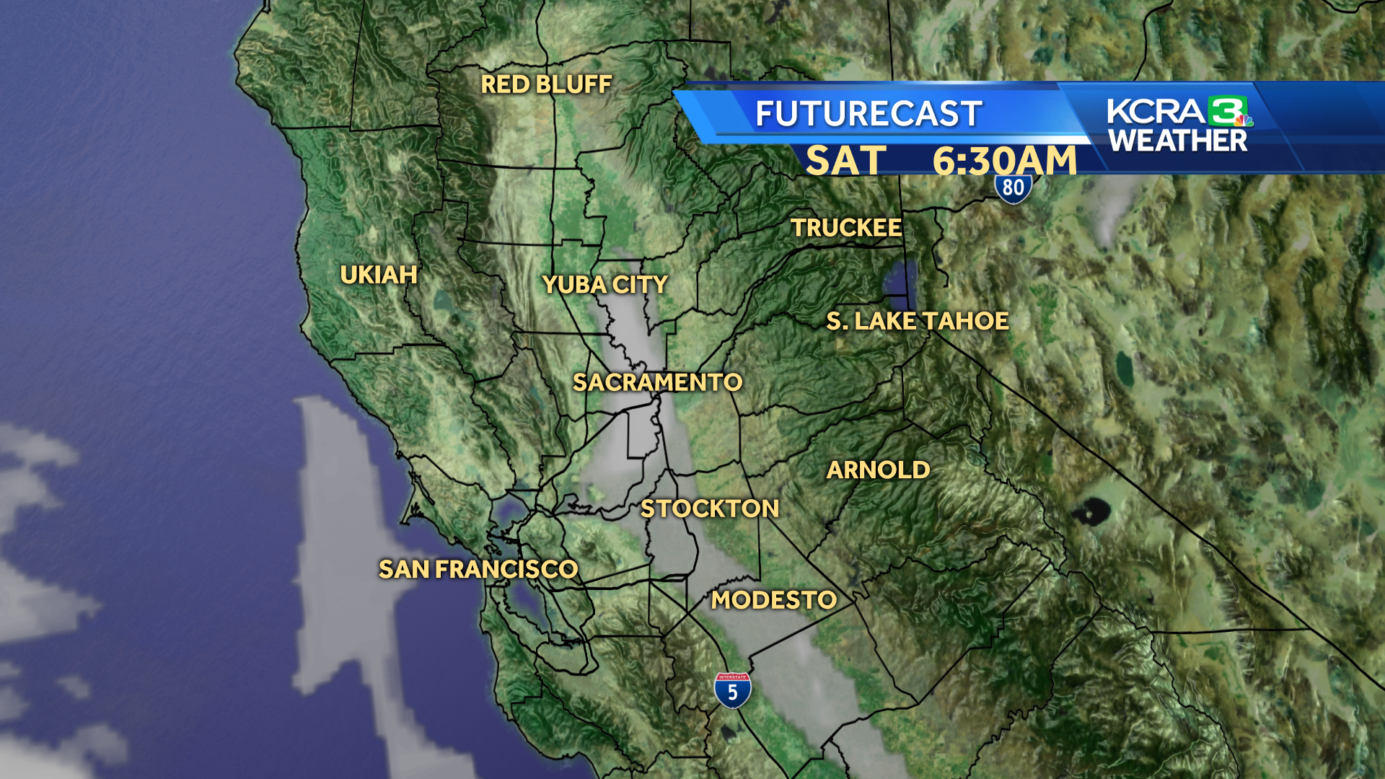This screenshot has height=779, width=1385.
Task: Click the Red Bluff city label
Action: pyautogui.click(x=546, y=85)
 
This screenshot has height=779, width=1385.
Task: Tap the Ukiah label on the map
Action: pyautogui.click(x=379, y=275)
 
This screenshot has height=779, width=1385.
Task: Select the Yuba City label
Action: pyautogui.click(x=604, y=285)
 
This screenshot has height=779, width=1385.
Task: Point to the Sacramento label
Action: pyautogui.click(x=657, y=382)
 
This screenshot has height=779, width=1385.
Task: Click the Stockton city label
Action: pyautogui.click(x=710, y=509)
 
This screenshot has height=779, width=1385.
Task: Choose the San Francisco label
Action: pyautogui.click(x=478, y=570)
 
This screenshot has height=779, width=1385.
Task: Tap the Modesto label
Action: pyautogui.click(x=774, y=600)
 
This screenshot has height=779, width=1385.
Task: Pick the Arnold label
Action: pyautogui.click(x=878, y=470)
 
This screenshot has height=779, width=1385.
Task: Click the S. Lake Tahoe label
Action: pyautogui.click(x=918, y=321)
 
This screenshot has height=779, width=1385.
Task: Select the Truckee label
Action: pyautogui.click(x=846, y=228)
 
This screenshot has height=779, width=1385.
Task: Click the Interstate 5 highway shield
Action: pyautogui.click(x=732, y=690)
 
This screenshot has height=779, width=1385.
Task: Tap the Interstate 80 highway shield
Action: pyautogui.click(x=1013, y=189)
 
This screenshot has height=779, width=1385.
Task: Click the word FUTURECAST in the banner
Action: pyautogui.click(x=869, y=114)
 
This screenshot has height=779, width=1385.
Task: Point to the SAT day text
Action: pyautogui.click(x=845, y=160)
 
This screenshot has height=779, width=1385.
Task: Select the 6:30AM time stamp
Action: pyautogui.click(x=1004, y=160)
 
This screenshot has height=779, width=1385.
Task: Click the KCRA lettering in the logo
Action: pyautogui.click(x=1156, y=112)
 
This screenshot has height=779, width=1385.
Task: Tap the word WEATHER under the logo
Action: pyautogui.click(x=1178, y=141)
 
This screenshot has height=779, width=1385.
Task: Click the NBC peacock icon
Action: pyautogui.click(x=1242, y=120)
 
